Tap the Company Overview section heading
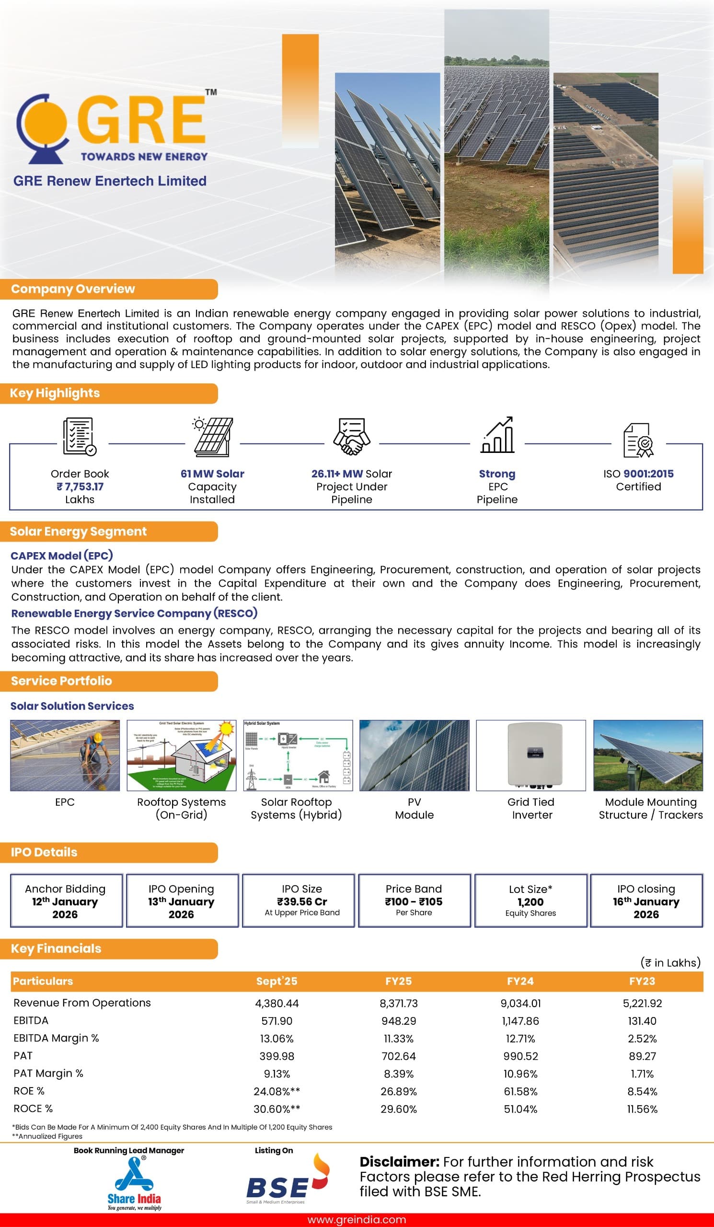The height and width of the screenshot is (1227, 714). click(x=73, y=289)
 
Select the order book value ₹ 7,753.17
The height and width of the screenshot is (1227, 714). click(x=80, y=486)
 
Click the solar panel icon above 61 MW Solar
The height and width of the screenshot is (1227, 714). click(x=213, y=436)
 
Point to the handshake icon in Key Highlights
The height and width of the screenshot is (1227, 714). click(x=351, y=436)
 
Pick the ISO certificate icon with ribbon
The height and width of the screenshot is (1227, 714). click(x=639, y=440)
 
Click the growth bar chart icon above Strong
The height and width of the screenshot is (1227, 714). click(x=497, y=435)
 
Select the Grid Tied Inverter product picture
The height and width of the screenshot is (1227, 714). click(x=530, y=755)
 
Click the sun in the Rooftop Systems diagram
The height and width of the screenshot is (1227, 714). click(x=226, y=729)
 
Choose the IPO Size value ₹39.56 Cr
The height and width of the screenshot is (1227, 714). click(x=302, y=902)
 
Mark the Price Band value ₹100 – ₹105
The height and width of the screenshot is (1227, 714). click(x=414, y=902)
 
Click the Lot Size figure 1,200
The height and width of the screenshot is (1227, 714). click(x=530, y=902)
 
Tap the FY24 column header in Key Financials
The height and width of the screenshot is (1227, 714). click(x=520, y=981)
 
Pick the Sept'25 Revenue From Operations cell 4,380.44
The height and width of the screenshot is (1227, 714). click(x=277, y=1004)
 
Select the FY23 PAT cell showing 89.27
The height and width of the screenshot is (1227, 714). click(x=642, y=1056)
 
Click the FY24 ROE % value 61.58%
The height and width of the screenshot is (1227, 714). click(x=520, y=1091)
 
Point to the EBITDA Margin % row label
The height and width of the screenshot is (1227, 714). click(x=56, y=1038)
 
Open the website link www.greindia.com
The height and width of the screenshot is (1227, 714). click(x=357, y=1220)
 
